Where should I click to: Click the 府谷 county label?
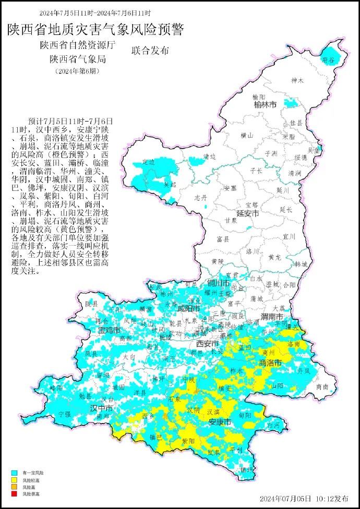coord(328,60)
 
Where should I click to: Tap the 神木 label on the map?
coord(297,80)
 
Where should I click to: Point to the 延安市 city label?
coord(248,213)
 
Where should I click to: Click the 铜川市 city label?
coord(219,283)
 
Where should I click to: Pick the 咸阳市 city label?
coord(189,308)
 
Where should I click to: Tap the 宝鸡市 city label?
coord(109,331)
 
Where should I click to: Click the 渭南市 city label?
coord(272,317)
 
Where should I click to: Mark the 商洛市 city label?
coord(271,362)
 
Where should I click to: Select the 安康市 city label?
coord(220,422)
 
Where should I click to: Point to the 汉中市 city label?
coord(101,407)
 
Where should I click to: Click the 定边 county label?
coord(149,162)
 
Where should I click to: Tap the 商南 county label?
coord(322,387)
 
